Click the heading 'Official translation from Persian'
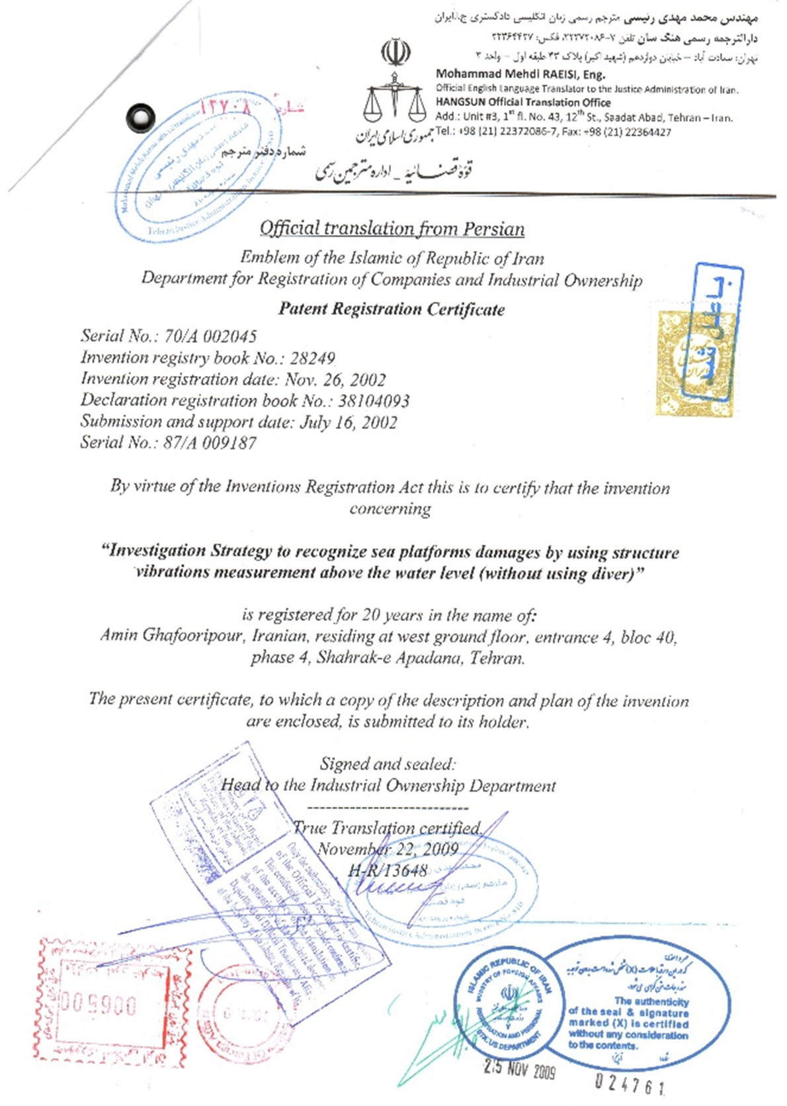coord(392,229)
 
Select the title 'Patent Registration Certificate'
coord(392,309)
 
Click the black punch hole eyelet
coord(141,117)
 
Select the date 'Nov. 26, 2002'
coord(335,380)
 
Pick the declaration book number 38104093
coord(374,400)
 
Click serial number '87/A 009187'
coord(210,443)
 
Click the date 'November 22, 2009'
coord(388,849)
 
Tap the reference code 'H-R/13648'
coord(388,870)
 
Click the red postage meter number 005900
coord(99,1005)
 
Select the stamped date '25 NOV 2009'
coord(519,1069)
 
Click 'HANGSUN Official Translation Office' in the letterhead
coord(523,103)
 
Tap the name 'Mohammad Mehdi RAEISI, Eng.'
coord(520,75)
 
